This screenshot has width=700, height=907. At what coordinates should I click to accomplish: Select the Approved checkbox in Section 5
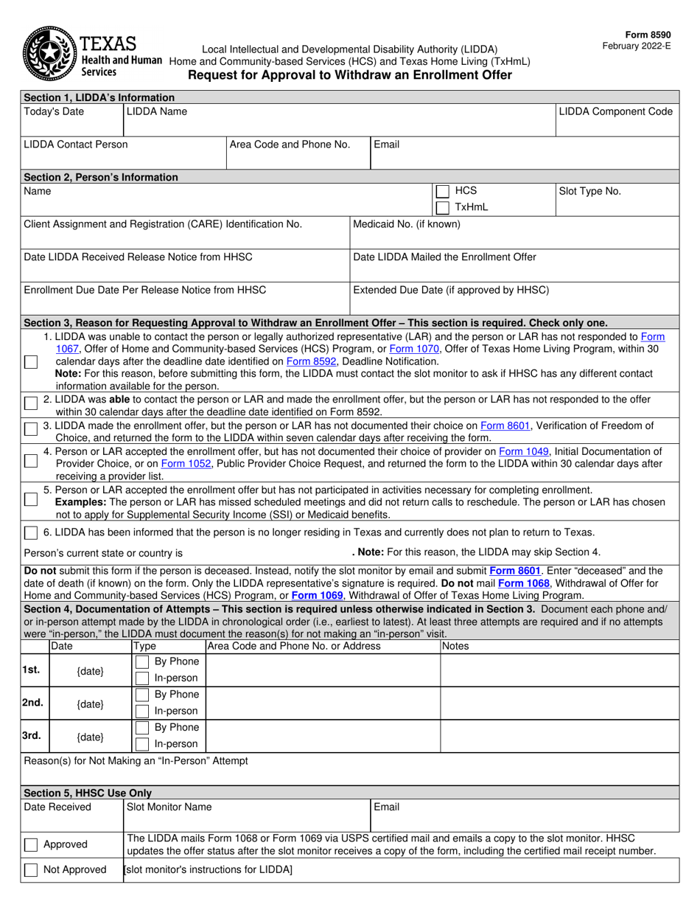tap(31, 845)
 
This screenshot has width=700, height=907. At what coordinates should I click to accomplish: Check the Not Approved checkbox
tap(31, 870)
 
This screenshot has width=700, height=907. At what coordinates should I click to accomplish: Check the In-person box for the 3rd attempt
tap(142, 744)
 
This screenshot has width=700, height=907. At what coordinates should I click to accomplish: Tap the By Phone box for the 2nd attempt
tap(142, 695)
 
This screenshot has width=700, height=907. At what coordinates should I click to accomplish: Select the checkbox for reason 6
tap(31, 533)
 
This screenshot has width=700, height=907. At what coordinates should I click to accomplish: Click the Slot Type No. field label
tap(590, 191)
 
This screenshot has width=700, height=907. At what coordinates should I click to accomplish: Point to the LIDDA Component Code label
tap(616, 111)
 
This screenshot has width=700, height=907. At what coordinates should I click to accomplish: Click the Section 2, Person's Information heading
tap(101, 177)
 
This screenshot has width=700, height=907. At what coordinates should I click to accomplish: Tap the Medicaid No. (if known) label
tap(407, 224)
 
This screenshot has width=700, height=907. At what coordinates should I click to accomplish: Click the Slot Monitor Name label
tap(169, 807)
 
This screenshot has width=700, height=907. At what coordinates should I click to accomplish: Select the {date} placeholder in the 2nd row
tap(91, 704)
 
